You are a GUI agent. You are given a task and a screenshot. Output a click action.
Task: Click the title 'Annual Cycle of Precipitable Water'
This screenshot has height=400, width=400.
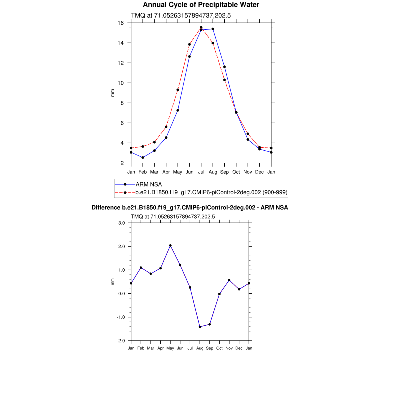(201, 5)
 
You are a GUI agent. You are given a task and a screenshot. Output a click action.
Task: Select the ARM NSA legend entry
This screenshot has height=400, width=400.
(149, 184)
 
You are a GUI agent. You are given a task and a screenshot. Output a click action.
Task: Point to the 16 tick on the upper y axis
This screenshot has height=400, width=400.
(121, 23)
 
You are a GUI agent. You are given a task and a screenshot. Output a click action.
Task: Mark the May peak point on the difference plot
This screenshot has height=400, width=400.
(170, 245)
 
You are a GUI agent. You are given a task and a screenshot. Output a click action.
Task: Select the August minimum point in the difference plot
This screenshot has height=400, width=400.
(200, 327)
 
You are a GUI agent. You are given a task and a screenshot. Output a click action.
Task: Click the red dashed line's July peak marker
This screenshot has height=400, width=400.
(201, 28)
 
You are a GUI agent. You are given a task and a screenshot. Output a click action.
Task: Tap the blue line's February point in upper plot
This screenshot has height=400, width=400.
(143, 158)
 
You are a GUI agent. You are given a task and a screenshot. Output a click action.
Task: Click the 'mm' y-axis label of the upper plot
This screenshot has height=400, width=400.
(113, 93)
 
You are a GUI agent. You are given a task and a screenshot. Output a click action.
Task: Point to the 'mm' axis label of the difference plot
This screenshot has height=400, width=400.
(113, 282)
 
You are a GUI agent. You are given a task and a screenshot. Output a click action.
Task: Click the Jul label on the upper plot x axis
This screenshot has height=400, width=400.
(201, 172)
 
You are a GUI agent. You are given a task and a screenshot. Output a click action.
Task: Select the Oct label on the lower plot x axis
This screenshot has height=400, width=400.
(219, 347)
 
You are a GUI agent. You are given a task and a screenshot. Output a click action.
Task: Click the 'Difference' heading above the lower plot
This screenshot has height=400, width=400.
(190, 207)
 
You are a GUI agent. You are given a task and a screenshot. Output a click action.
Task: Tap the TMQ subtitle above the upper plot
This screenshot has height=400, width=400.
(173, 16)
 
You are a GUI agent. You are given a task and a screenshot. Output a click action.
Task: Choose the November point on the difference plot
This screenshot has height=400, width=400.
(229, 280)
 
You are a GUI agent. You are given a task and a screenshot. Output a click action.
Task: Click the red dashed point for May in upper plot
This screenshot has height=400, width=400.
(178, 90)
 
